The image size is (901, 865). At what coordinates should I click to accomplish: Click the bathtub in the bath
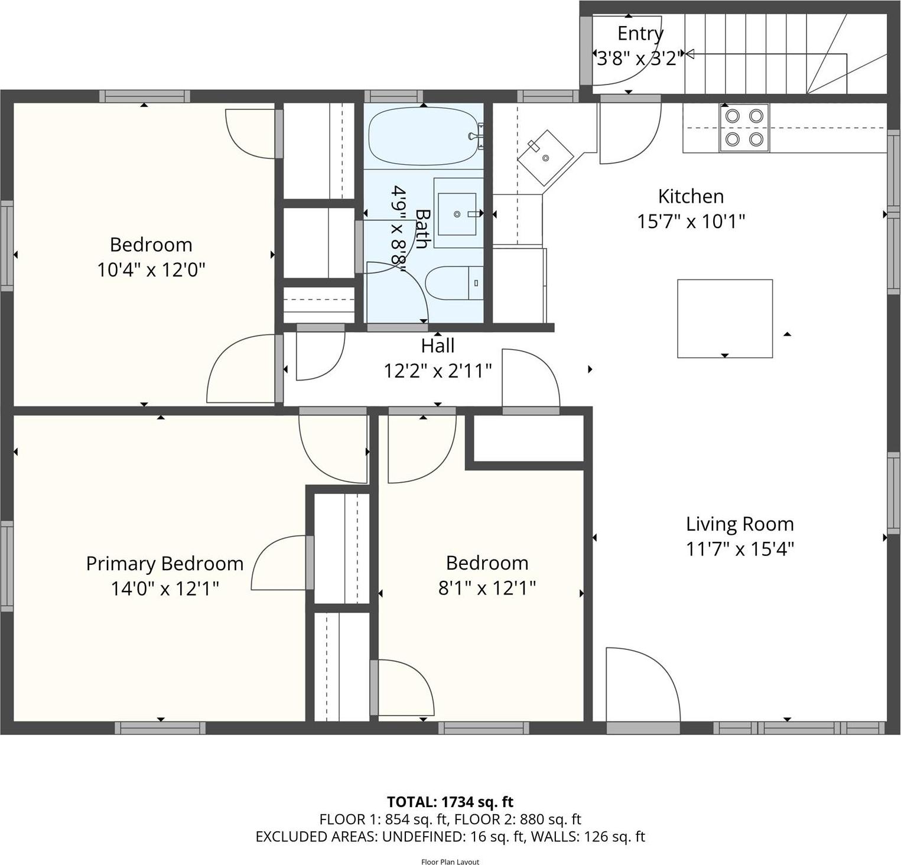tap(422, 136)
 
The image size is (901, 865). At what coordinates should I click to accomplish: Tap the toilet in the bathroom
tap(454, 283)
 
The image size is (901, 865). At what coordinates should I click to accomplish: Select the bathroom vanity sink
tap(457, 213)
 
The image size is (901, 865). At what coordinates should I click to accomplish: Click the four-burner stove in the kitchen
tap(744, 128)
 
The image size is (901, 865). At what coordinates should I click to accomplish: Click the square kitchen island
tap(724, 318)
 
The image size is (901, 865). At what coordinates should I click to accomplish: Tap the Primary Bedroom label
tap(165, 564)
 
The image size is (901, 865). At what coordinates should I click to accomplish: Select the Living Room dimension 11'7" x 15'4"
tap(740, 549)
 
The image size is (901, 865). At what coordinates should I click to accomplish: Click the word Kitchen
tap(691, 196)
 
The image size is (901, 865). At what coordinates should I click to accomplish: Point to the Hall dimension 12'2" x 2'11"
tap(438, 371)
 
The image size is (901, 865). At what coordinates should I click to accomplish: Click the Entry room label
tap(640, 34)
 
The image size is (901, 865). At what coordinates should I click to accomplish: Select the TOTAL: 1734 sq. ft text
tap(450, 802)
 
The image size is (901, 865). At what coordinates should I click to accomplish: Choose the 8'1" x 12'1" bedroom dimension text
tap(487, 588)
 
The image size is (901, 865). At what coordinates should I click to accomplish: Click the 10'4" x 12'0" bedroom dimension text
tap(151, 270)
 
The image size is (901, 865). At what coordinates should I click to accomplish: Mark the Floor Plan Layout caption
tap(450, 861)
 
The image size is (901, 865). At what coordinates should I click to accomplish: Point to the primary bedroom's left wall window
tap(6, 566)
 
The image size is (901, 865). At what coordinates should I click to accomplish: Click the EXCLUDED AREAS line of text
tap(450, 837)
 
